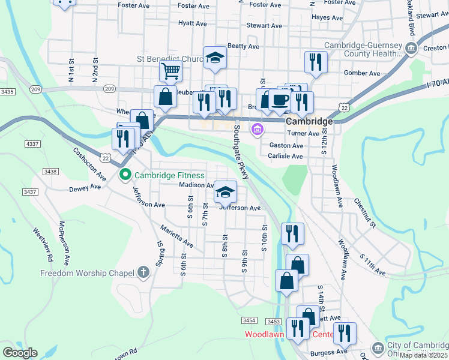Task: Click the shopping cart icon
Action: point(171,72)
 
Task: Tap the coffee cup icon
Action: point(279,99)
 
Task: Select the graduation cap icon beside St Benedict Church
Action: point(215,58)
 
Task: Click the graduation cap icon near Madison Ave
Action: point(226,192)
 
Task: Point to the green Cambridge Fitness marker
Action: point(125,175)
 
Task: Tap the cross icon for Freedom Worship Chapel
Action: point(143,273)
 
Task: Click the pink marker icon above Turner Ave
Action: point(258,130)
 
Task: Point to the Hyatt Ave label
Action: point(192,24)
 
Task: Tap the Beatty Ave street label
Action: point(243,46)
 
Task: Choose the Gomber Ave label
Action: point(362,73)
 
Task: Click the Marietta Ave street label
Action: point(176,236)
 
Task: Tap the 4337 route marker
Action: point(32,144)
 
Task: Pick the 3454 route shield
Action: point(250,321)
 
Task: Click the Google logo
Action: point(20,353)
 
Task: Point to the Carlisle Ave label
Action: point(286,156)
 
